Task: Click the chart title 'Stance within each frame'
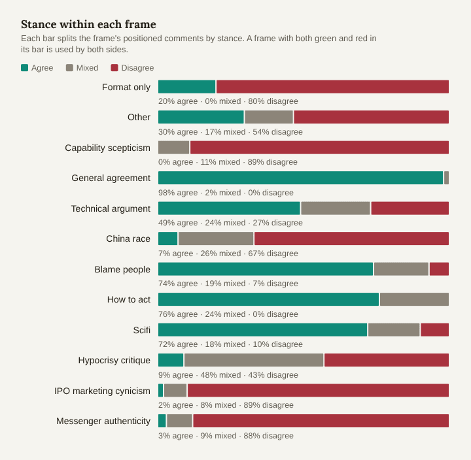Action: (x=88, y=24)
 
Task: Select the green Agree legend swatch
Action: (x=25, y=67)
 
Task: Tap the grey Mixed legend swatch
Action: (x=69, y=67)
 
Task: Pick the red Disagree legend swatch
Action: (x=114, y=67)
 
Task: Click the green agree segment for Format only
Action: (x=187, y=87)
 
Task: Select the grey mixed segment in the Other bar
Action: (x=269, y=117)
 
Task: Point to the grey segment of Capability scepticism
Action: (x=174, y=147)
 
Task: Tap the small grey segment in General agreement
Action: (x=446, y=178)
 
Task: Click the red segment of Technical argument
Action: (x=410, y=208)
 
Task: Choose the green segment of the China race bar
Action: (x=168, y=238)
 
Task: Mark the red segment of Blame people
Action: (x=439, y=269)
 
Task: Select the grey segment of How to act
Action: (x=414, y=299)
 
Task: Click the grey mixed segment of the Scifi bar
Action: (x=394, y=330)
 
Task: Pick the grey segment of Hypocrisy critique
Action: (x=254, y=360)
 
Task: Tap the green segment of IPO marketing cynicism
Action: (x=161, y=390)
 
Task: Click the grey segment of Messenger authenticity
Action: (x=180, y=421)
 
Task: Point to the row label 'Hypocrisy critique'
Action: (x=114, y=360)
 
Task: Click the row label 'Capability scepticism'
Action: (x=107, y=148)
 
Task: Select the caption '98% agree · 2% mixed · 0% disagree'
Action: (x=226, y=193)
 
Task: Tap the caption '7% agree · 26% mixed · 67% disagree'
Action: (x=228, y=254)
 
